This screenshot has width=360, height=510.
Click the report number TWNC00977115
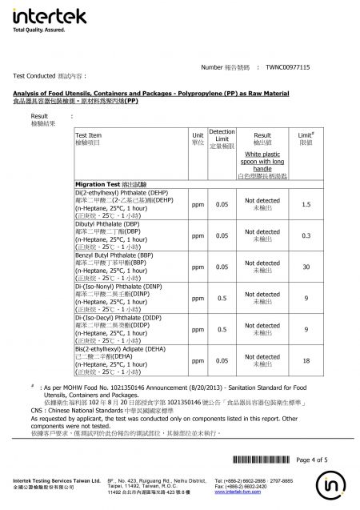[x=310, y=69]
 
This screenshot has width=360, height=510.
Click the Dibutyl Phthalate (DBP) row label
[x=106, y=225]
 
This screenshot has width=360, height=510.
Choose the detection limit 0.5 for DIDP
[x=221, y=329]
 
